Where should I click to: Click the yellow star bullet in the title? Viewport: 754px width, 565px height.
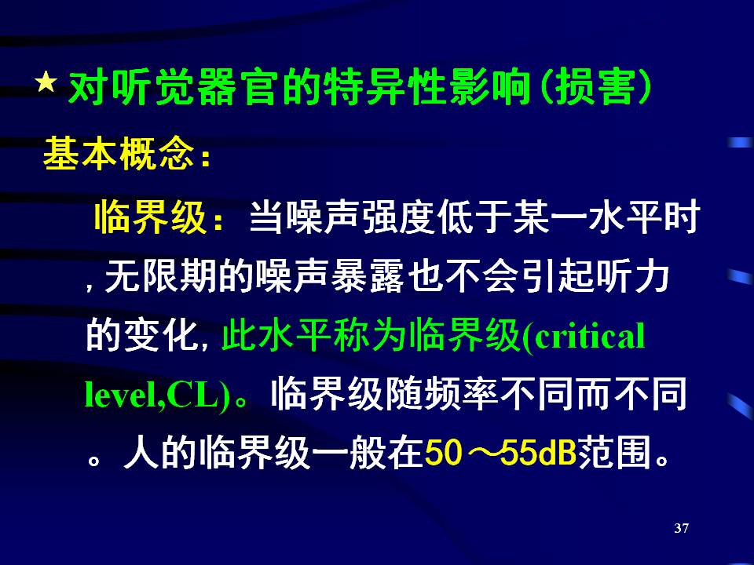pos(46,82)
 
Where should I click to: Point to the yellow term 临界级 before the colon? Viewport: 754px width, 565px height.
pos(151,217)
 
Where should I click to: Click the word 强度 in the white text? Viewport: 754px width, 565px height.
pos(399,217)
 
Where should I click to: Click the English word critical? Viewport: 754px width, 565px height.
pos(590,336)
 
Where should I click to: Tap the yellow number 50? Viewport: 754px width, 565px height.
pos(443,453)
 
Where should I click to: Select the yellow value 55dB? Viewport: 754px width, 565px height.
pos(538,453)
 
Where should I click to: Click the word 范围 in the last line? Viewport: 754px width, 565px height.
pos(614,453)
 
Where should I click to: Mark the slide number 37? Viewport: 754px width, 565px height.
pos(682,528)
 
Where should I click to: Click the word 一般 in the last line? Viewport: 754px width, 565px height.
pos(349,453)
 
